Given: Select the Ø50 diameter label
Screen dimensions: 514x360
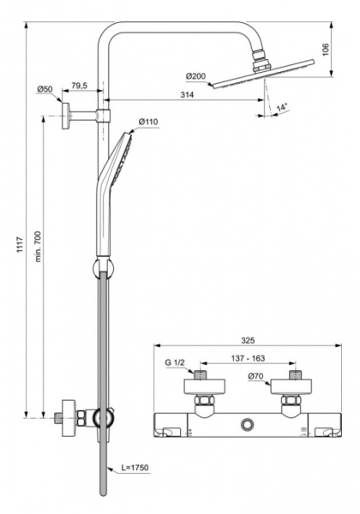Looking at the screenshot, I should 45,89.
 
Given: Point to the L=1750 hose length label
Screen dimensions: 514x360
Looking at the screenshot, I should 135,468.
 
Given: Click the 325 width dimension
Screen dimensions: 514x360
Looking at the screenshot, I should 245,339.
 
